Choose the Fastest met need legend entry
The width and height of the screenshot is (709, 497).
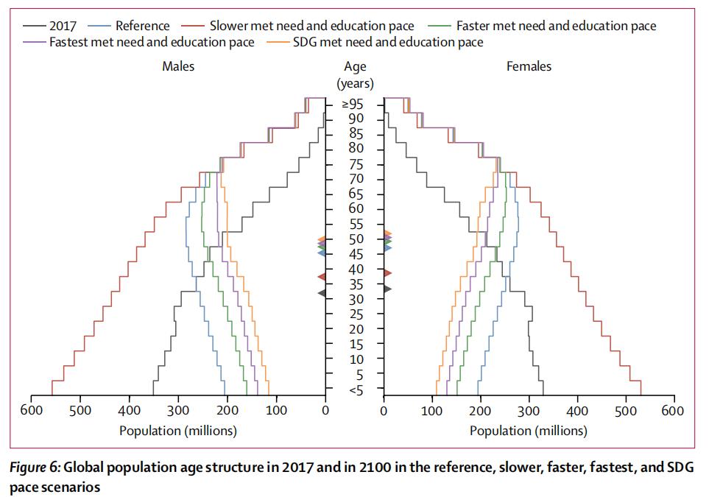point(152,42)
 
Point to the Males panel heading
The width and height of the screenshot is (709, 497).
point(178,66)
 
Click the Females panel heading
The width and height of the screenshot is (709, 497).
point(529,66)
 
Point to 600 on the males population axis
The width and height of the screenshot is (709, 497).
point(32,411)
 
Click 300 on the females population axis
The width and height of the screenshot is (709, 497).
point(529,411)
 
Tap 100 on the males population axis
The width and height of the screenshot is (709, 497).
point(276,411)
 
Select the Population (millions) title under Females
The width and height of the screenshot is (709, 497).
point(529,431)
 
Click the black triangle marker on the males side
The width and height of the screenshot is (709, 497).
point(322,293)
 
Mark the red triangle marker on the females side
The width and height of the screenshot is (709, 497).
point(387,273)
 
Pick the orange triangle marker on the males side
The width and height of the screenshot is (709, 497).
point(322,239)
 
